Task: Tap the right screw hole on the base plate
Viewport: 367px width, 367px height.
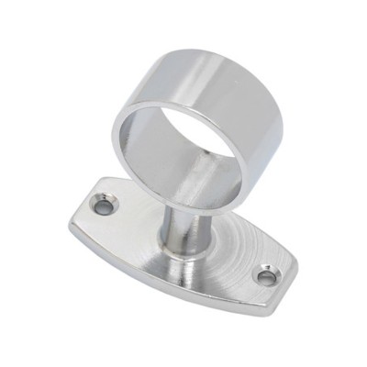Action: (x=266, y=275)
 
